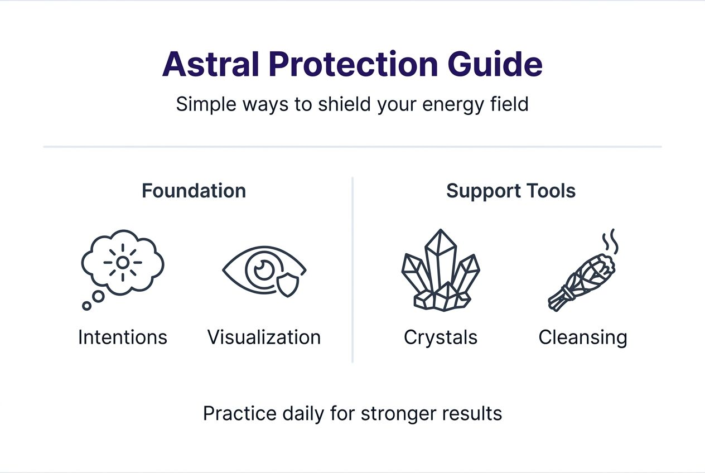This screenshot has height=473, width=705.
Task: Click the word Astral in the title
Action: [211, 64]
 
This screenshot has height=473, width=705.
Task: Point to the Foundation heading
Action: [194, 191]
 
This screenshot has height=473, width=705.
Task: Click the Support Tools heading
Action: [511, 191]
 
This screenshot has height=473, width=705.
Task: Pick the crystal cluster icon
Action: [441, 271]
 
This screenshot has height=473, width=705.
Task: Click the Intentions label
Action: [123, 337]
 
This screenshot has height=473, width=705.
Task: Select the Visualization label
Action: [264, 337]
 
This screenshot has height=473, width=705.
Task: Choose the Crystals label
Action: [441, 337]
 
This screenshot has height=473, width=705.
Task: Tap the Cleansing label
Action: [583, 337]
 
